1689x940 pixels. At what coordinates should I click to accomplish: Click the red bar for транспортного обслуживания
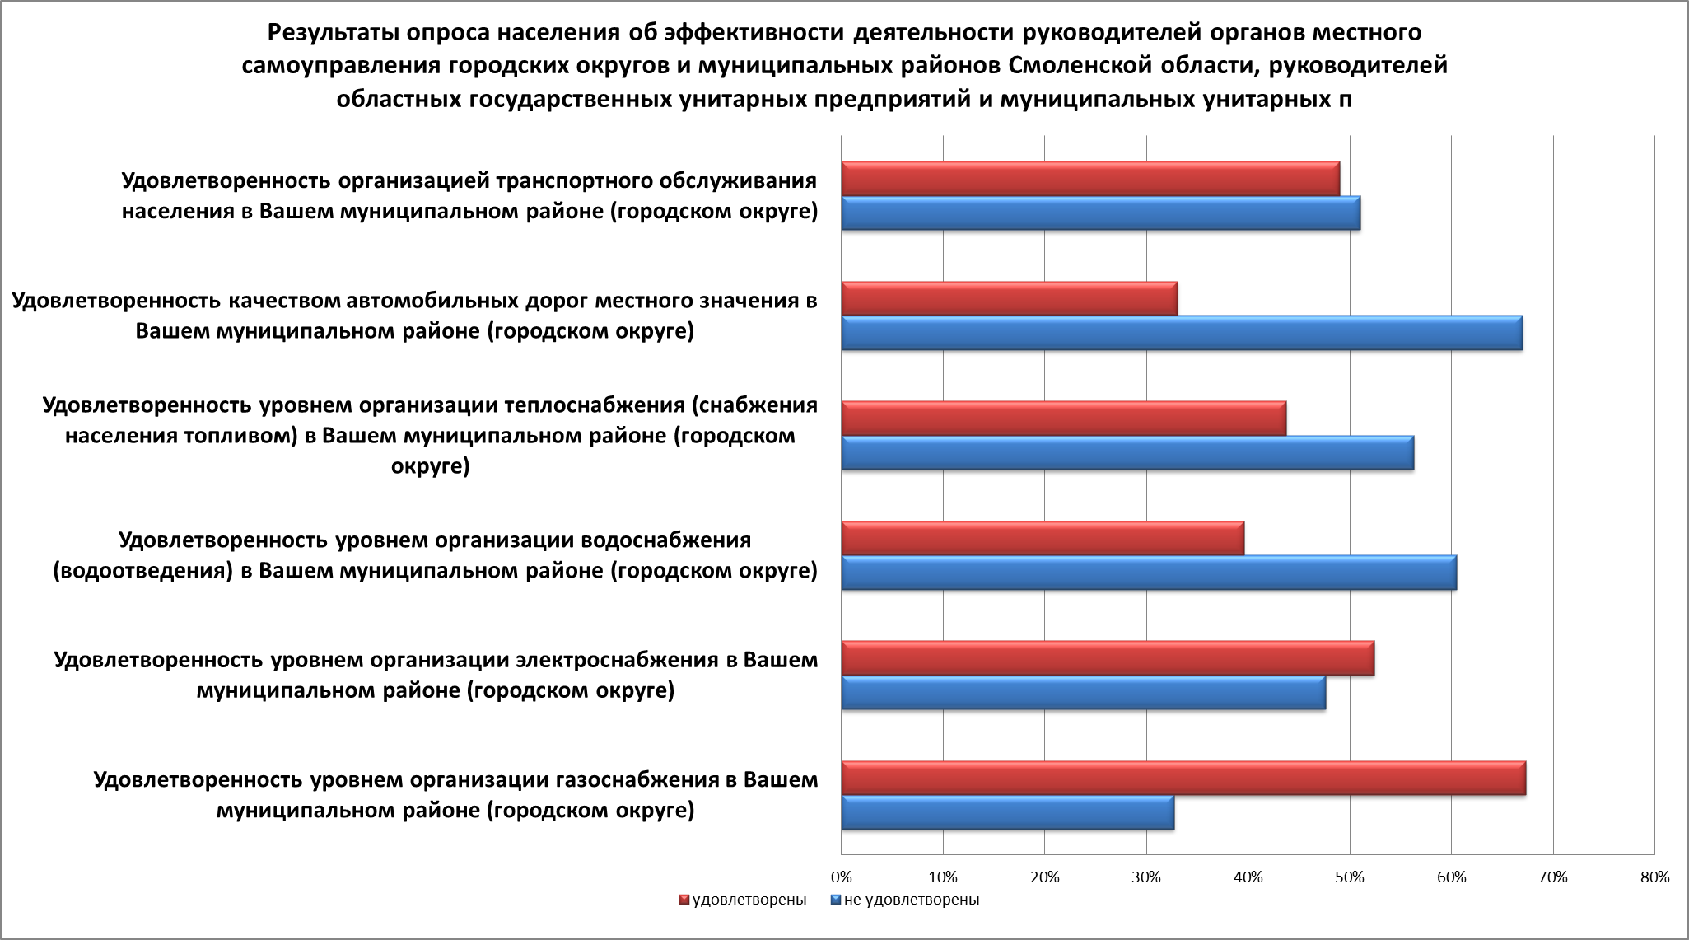click(1090, 179)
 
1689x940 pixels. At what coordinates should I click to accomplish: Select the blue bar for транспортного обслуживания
click(1100, 213)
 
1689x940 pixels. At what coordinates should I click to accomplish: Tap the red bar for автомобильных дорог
click(1009, 298)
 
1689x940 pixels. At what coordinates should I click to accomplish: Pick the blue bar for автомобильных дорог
click(1182, 333)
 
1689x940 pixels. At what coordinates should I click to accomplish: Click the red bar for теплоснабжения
click(1063, 419)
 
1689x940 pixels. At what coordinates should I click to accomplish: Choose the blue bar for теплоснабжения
click(1127, 453)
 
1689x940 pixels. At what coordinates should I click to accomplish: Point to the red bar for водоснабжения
click(1043, 539)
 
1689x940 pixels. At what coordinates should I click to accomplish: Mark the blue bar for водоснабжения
click(1149, 573)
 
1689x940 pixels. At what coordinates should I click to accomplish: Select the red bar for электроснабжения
click(1108, 658)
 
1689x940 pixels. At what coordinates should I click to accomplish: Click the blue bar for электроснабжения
click(1084, 693)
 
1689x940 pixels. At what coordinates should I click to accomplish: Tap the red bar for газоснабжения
click(1183, 779)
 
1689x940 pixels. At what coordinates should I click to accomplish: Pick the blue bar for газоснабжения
click(1008, 813)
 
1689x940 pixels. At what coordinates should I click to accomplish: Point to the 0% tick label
click(841, 877)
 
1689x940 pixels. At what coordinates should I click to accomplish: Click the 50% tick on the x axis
click(1350, 877)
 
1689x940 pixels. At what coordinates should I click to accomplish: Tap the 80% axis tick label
click(1654, 877)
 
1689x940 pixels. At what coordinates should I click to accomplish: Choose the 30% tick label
click(1146, 877)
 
